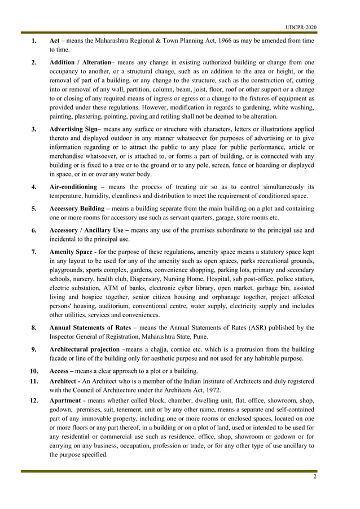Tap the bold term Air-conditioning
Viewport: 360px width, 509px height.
(x=73, y=187)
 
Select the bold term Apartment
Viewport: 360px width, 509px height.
(x=68, y=400)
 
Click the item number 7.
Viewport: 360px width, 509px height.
(x=34, y=251)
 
